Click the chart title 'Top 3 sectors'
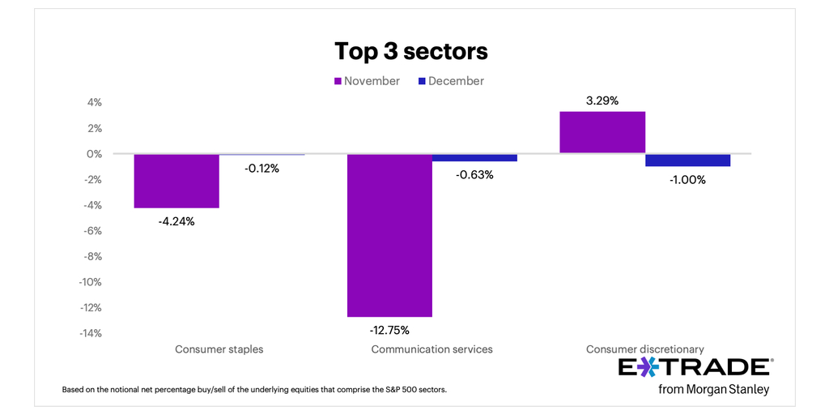click(411, 51)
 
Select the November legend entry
click(367, 81)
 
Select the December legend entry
click(451, 81)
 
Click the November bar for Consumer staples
click(176, 181)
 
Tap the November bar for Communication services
click(389, 235)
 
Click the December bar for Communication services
click(474, 158)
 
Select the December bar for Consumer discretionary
click(688, 160)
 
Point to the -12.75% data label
click(389, 330)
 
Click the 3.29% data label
click(602, 101)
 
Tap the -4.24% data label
click(176, 221)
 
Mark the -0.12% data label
click(261, 169)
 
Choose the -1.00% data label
click(687, 180)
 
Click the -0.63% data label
click(474, 174)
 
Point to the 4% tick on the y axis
click(95, 103)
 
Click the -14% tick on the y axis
click(91, 333)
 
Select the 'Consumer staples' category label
click(219, 349)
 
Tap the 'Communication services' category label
click(432, 349)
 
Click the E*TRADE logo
click(695, 367)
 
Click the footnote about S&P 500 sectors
click(254, 390)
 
